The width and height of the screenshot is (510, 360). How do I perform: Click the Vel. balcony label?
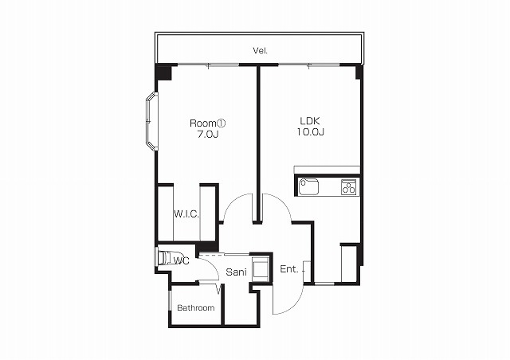(x=261, y=51)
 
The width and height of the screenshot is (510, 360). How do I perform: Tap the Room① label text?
(x=207, y=123)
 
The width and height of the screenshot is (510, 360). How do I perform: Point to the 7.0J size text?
(x=207, y=134)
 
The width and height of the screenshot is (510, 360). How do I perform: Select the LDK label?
(x=310, y=121)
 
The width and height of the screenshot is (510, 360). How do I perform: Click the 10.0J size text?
(x=310, y=132)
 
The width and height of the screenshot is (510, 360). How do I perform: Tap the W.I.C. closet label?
(x=186, y=214)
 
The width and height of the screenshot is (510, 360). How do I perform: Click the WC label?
(x=181, y=260)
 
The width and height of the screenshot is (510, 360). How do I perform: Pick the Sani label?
(x=236, y=272)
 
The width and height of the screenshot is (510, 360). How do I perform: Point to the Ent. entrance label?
(x=288, y=269)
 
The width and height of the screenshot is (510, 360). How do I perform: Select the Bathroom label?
(x=196, y=307)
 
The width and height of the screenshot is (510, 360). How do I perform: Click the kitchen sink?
(x=308, y=186)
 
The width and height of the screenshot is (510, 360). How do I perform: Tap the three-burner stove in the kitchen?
(x=348, y=187)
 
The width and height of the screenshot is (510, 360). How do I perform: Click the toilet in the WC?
(x=169, y=258)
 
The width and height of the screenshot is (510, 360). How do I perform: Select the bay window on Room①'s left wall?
(x=151, y=121)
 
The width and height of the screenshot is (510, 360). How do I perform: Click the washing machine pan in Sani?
(x=261, y=269)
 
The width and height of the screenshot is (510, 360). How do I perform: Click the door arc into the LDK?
(x=283, y=202)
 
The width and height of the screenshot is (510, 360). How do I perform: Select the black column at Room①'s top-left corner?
(x=163, y=72)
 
